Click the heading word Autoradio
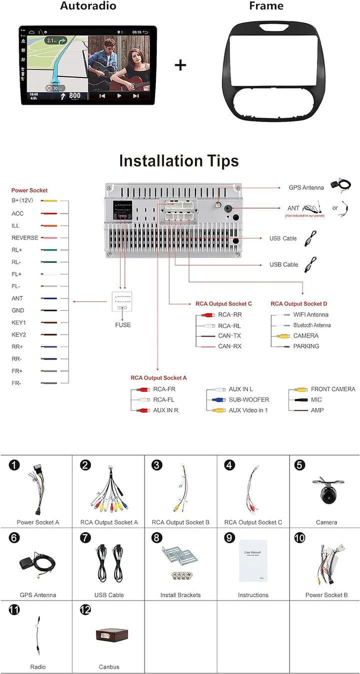[x=88, y=6]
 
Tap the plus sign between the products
[x=180, y=65]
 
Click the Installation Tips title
[x=178, y=161]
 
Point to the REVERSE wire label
[x=25, y=238]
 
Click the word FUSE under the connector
[x=122, y=325]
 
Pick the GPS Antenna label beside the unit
[x=306, y=187]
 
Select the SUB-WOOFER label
[x=249, y=399]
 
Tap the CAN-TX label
[x=229, y=335]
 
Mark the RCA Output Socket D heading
[x=299, y=303]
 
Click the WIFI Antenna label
[x=311, y=314]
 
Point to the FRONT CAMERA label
[x=333, y=389]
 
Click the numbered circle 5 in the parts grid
[x=300, y=465]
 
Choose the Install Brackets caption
[x=180, y=595]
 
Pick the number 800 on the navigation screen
[x=74, y=95]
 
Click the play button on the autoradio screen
[x=119, y=95]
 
